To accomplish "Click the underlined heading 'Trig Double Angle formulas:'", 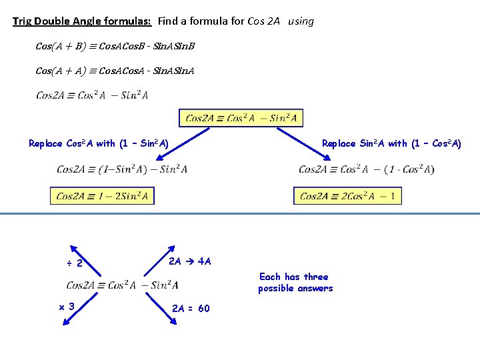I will point(83,21).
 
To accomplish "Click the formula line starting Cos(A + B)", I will point(114,47).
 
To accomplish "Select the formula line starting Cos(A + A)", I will point(114,70).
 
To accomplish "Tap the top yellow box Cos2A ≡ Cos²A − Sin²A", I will point(241,118).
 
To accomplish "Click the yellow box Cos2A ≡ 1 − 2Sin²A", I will point(102,196).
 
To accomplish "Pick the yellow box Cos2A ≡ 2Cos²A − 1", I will point(347,196).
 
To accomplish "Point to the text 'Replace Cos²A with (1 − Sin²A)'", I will point(99,143).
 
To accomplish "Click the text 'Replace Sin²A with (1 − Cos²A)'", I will point(391,143).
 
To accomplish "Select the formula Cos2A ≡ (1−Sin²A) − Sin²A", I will point(122,169).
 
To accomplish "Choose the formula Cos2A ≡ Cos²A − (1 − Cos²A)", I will point(366,169).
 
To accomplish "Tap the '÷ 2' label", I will point(75,263).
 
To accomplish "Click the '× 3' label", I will point(67,307).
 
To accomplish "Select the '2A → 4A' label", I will point(189,261).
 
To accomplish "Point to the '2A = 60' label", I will point(191,308).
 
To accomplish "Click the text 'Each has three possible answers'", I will point(295,282).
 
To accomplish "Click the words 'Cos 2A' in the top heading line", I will point(265,21).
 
